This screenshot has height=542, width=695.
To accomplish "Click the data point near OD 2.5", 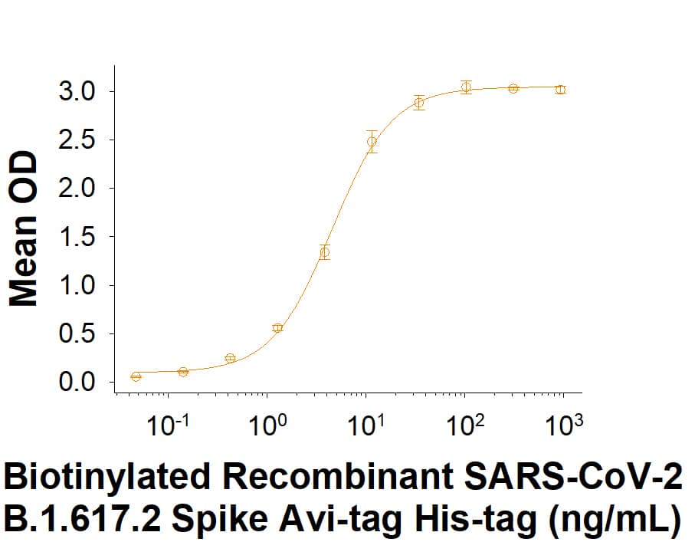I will coord(372,141).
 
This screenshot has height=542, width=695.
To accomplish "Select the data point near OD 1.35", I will coord(325,252).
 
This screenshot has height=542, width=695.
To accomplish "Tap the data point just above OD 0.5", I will coord(277,327).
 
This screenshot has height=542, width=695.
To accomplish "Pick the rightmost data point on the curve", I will coord(560,90).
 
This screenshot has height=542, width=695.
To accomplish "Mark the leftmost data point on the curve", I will coord(136,376).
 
